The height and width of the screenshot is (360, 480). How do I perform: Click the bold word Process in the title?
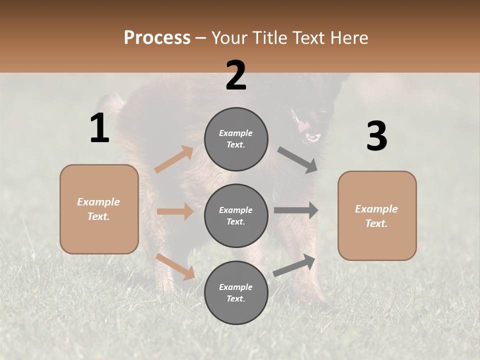pyautogui.click(x=157, y=37)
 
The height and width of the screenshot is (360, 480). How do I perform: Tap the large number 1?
pyautogui.click(x=99, y=128)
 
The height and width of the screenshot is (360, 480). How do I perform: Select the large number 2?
pyautogui.click(x=236, y=75)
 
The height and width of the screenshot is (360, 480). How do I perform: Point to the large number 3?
pyautogui.click(x=376, y=136)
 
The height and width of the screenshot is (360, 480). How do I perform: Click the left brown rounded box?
pyautogui.click(x=99, y=209)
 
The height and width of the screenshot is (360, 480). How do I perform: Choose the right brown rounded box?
pyautogui.click(x=377, y=215)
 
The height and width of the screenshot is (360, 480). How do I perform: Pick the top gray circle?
pyautogui.click(x=236, y=139)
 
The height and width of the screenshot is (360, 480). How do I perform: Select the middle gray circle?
pyautogui.click(x=236, y=215)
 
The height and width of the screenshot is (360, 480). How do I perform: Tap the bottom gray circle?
pyautogui.click(x=236, y=292)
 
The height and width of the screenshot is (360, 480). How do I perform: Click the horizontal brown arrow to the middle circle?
pyautogui.click(x=175, y=211)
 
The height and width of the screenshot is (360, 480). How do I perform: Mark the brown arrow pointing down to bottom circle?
pyautogui.click(x=175, y=266)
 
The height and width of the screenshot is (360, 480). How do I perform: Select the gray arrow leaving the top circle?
pyautogui.click(x=297, y=160)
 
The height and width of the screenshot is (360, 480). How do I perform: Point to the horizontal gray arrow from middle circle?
pyautogui.click(x=296, y=210)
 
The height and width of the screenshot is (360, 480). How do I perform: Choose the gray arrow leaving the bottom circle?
pyautogui.click(x=294, y=265)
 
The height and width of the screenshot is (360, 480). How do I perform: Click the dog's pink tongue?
pyautogui.click(x=303, y=127)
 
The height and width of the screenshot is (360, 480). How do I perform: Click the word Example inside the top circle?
pyautogui.click(x=236, y=133)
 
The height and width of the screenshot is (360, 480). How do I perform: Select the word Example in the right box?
pyautogui.click(x=376, y=209)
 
